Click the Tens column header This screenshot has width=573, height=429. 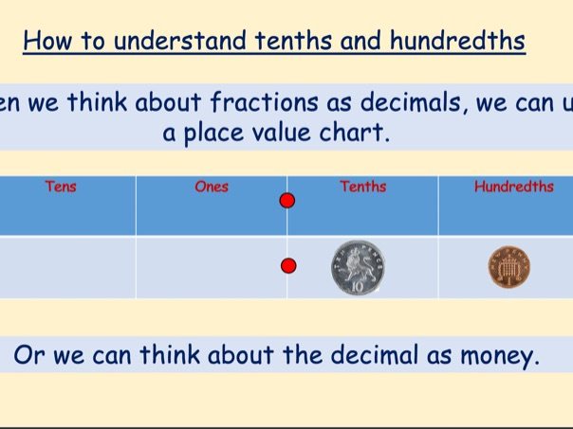coord(60,187)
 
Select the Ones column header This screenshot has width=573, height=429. coord(211,187)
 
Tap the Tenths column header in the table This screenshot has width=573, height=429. coord(362,187)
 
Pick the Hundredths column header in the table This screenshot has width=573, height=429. coord(513,187)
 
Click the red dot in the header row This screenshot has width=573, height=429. coord(287,201)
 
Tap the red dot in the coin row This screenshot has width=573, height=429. coord(287,265)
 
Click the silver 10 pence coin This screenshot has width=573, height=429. coord(358,267)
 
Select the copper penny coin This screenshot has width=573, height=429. coord(509,267)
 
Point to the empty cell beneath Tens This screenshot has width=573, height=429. coord(67,267)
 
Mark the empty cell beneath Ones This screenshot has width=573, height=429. coord(211,267)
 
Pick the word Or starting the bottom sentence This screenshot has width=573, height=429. coord(29,356)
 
